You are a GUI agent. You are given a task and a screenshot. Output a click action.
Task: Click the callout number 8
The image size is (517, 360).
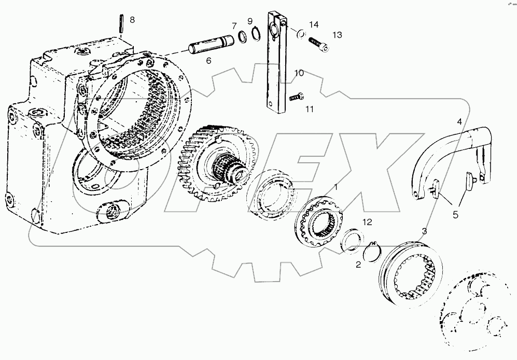132,20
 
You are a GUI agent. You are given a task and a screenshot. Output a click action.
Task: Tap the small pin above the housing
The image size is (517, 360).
120,25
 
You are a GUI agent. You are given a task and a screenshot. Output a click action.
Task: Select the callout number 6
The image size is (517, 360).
208,61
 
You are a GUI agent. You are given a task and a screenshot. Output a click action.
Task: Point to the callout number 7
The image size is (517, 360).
234,25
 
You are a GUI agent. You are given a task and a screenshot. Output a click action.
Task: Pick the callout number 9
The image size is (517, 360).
250,21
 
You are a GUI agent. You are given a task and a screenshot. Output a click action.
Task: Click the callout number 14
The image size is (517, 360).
313,24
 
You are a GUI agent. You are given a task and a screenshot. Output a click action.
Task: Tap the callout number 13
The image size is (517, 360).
337,35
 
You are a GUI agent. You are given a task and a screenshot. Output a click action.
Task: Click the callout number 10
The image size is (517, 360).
299,73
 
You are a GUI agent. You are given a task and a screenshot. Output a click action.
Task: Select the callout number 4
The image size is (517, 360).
459,121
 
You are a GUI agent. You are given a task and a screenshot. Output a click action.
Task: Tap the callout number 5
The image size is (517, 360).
455,214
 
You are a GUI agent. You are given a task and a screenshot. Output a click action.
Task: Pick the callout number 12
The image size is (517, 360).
367,223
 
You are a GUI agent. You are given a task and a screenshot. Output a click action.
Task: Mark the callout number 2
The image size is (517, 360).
358,265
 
